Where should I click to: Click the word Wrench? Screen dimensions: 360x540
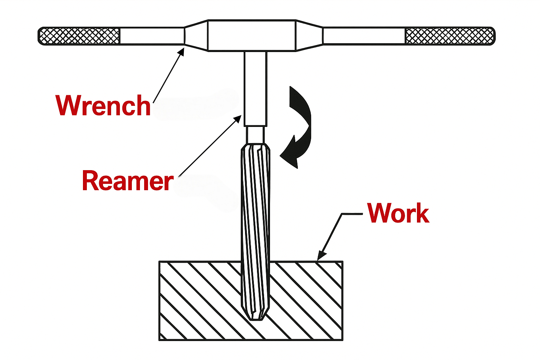coord(103,105)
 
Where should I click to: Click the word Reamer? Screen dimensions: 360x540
coord(127,181)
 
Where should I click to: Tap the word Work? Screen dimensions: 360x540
coord(398,213)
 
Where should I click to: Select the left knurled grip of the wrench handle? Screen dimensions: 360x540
coord(79,36)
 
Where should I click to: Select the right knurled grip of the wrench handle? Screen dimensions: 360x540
coord(450,36)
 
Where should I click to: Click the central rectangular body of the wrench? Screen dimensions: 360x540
coord(252,36)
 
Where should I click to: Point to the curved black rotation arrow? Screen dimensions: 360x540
coord(299,127)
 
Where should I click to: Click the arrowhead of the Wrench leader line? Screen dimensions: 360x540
coord(182,51)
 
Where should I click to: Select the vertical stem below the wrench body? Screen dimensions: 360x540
coord(256,88)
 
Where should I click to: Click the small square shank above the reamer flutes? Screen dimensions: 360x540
coord(256,135)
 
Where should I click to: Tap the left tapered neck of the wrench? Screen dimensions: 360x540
coord(196,36)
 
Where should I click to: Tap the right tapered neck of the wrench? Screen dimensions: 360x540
coord(309,36)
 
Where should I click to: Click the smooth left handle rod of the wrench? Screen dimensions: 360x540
coord(152,36)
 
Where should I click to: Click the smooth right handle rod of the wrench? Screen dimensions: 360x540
coord(364,36)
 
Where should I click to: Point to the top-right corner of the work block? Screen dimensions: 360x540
coord(342,262)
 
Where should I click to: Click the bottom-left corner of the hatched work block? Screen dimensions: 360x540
coord(160,340)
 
